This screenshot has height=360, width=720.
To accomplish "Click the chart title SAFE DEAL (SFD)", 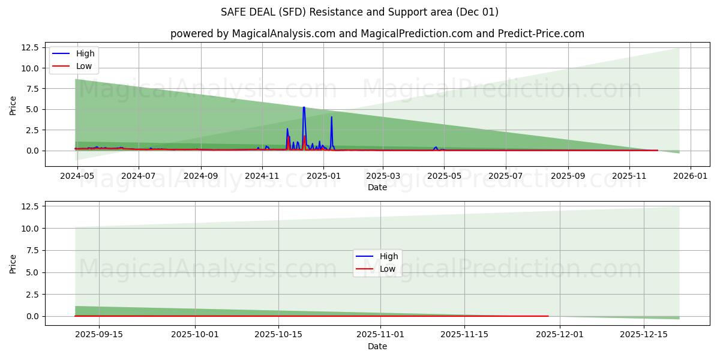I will tap(360, 12).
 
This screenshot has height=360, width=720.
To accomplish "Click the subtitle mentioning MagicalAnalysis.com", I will tap(377, 34).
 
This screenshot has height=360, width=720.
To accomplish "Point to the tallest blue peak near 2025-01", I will tap(304, 108).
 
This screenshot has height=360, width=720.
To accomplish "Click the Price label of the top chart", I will tap(13, 105).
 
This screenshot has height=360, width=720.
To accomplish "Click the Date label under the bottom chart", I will tap(377, 346).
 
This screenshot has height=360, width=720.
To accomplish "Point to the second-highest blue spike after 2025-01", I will tap(331, 118).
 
